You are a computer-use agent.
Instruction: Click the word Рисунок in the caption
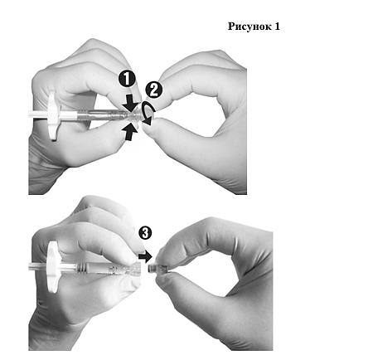[x=249, y=27]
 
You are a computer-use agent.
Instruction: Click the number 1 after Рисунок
[x=277, y=27]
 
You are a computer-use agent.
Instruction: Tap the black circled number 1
[x=127, y=79]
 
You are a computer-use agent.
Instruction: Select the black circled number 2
[x=154, y=90]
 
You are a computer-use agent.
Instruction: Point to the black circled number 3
[x=145, y=233]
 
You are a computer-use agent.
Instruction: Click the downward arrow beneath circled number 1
[x=130, y=103]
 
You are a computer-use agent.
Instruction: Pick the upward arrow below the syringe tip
[x=129, y=132]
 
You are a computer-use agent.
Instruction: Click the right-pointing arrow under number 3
[x=145, y=257]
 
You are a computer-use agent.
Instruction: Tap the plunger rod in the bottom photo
[x=38, y=266]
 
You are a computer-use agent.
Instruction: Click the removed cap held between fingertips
[x=157, y=269]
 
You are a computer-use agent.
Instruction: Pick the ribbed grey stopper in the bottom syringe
[x=82, y=267]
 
